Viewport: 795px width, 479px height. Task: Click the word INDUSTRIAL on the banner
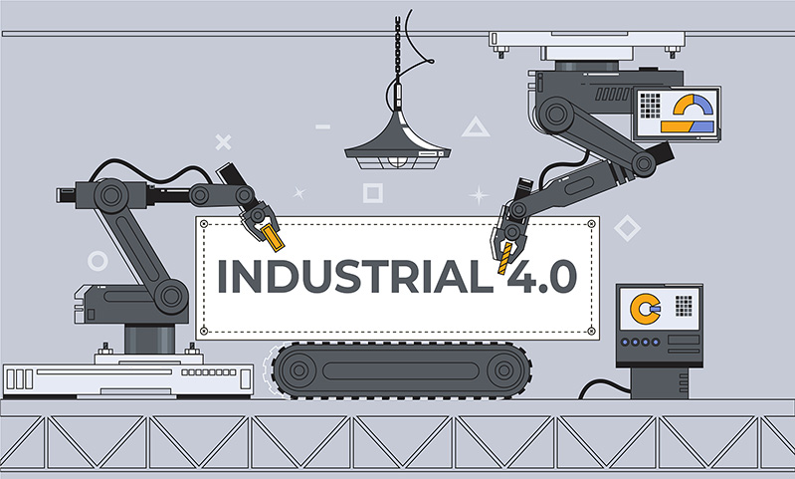pos(355,277)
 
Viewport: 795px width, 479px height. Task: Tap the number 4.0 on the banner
pos(541,277)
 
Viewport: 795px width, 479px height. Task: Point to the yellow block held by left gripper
pos(274,238)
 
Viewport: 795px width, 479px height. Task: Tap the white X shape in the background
pos(223,142)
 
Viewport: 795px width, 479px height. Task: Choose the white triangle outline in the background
pos(476,126)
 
